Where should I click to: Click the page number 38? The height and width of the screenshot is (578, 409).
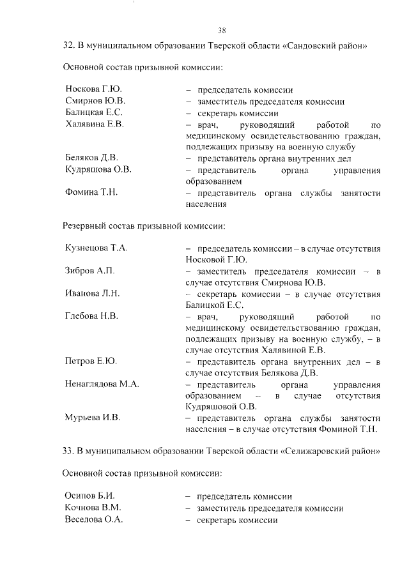(222, 29)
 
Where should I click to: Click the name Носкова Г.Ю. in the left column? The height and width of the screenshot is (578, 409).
(93, 90)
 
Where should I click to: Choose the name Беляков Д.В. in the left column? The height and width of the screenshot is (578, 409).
(92, 158)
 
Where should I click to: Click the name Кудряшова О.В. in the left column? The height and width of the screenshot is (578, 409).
(98, 169)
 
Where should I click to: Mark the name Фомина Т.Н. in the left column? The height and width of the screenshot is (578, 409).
(92, 192)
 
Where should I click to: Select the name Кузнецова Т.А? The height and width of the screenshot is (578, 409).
(96, 248)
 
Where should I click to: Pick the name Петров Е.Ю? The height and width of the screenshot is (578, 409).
(91, 362)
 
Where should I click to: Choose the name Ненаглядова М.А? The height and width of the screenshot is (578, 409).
(102, 384)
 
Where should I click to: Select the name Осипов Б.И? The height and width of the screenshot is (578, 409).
(89, 496)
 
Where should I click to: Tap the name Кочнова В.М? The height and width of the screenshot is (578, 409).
(93, 508)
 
